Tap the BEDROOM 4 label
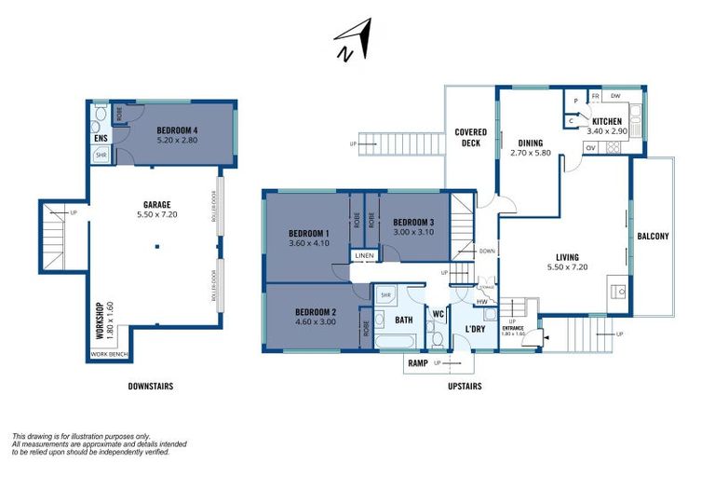tap(177, 130)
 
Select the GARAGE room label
tap(157, 202)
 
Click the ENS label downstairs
tap(101, 139)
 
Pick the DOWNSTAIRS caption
tap(150, 386)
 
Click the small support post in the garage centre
tap(157, 246)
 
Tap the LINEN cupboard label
tap(363, 256)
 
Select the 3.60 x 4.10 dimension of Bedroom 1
tap(309, 244)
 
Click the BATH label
tap(403, 320)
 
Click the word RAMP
tap(416, 363)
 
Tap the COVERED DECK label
tap(471, 138)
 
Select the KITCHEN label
tap(608, 121)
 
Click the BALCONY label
tap(653, 236)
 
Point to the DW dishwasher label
tap(615, 96)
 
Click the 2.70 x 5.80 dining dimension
tap(531, 153)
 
